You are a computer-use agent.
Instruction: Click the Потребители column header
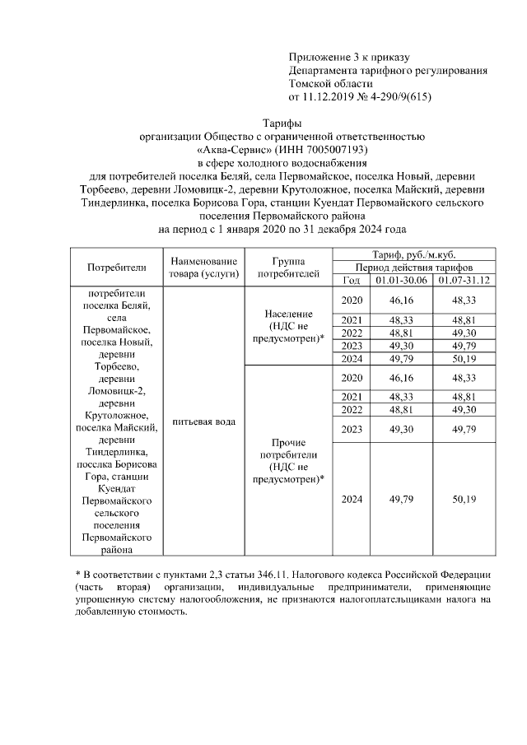coord(116,267)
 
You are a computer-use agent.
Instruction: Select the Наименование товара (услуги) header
coord(203,267)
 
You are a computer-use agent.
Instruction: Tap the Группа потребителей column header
coord(288,267)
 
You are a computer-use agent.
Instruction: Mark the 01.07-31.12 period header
coord(464,280)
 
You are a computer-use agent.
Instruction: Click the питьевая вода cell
coord(203,421)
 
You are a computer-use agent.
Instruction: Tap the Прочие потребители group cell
coord(288,460)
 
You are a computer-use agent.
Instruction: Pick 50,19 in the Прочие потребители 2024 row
coord(464,499)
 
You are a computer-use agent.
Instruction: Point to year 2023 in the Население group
coord(352,346)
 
